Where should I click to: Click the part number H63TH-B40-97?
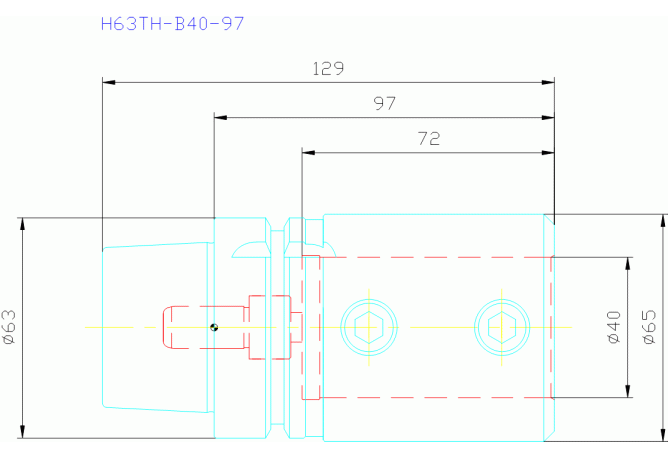click(x=172, y=23)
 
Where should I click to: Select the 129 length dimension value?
click(x=328, y=68)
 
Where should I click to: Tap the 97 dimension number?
click(x=384, y=103)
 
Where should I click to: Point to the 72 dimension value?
click(x=428, y=138)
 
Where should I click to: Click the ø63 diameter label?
click(x=9, y=327)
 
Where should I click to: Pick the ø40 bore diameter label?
click(x=614, y=327)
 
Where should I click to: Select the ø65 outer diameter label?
click(x=649, y=327)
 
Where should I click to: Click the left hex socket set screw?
click(x=369, y=327)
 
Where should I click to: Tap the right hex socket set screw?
click(x=502, y=327)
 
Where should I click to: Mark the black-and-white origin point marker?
click(x=214, y=327)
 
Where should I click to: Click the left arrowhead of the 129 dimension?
click(x=109, y=82)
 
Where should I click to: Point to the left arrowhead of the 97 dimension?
click(x=220, y=117)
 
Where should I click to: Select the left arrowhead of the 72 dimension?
click(x=308, y=152)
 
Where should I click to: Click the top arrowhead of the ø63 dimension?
click(x=23, y=224)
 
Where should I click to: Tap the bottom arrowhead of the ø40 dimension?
click(x=628, y=391)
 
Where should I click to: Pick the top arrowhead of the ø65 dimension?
click(x=663, y=221)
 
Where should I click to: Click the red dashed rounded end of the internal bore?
click(x=167, y=327)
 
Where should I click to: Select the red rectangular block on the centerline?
click(x=269, y=327)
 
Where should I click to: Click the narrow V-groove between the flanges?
click(x=278, y=327)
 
